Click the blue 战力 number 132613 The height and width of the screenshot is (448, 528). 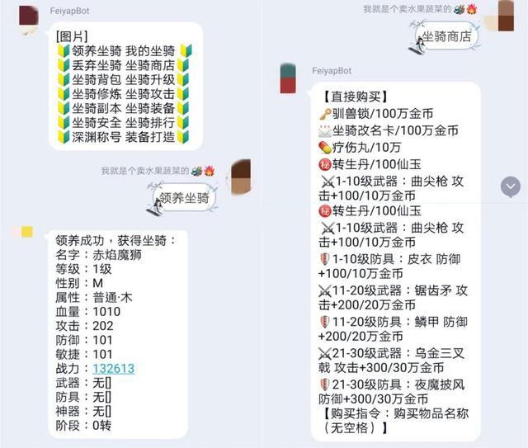pyautogui.click(x=114, y=369)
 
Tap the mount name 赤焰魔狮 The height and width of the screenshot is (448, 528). pyautogui.click(x=117, y=255)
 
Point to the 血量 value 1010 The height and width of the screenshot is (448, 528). pyautogui.click(x=106, y=312)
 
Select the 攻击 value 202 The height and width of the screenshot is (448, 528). pyautogui.click(x=103, y=326)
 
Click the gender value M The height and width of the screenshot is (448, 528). pyautogui.click(x=97, y=283)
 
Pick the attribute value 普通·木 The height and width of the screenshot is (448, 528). pyautogui.click(x=112, y=298)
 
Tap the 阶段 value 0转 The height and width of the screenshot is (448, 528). pyautogui.click(x=101, y=426)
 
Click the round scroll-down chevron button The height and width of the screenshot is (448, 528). pyautogui.click(x=511, y=186)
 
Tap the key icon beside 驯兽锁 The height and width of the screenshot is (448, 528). pyautogui.click(x=325, y=114)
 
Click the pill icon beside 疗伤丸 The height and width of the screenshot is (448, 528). pyautogui.click(x=325, y=148)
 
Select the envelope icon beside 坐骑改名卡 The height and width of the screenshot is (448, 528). pyautogui.click(x=325, y=131)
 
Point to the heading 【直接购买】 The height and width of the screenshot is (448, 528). pyautogui.click(x=354, y=97)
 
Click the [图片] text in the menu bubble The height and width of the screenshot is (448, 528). pyautogui.click(x=72, y=36)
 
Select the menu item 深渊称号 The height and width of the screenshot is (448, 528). pyautogui.click(x=97, y=137)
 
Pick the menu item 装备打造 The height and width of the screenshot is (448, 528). pyautogui.click(x=150, y=137)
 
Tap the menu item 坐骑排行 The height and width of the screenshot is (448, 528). pyautogui.click(x=150, y=123)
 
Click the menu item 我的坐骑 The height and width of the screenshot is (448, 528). pyautogui.click(x=150, y=51)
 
